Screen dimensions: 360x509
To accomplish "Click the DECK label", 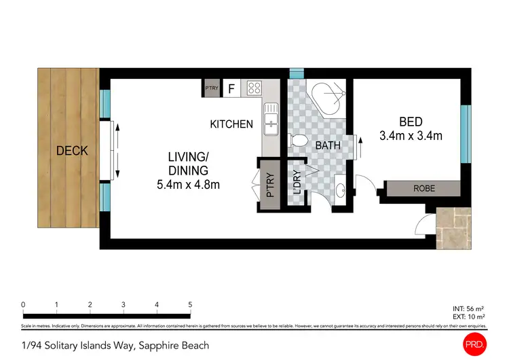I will [72, 151].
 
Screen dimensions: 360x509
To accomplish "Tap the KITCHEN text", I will [231, 124].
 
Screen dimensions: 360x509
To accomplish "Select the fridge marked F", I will [231, 88].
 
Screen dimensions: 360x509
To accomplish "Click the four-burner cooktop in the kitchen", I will [254, 88].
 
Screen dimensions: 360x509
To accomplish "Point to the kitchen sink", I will [271, 115].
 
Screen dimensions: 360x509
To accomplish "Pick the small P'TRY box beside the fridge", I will [212, 88].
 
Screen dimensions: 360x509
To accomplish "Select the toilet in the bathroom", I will [298, 141].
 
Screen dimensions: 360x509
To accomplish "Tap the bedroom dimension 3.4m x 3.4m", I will [411, 136].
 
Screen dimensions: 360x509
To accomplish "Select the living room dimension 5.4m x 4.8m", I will [188, 184].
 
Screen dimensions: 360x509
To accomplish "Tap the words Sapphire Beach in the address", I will [173, 345].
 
